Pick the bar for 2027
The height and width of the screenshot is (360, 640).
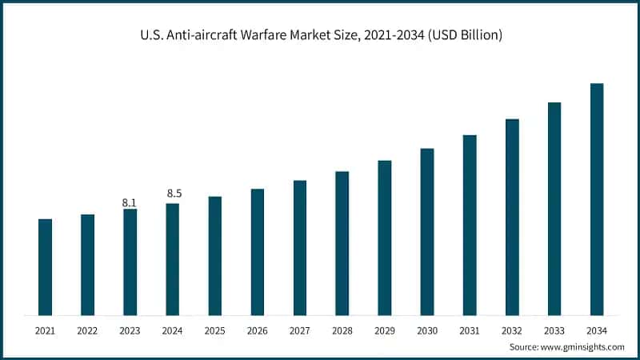300,247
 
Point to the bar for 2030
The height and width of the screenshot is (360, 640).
427,231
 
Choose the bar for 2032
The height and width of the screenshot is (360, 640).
512,217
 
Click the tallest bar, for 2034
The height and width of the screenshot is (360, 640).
597,199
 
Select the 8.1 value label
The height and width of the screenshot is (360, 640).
130,202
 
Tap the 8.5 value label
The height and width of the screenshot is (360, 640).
172,194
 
